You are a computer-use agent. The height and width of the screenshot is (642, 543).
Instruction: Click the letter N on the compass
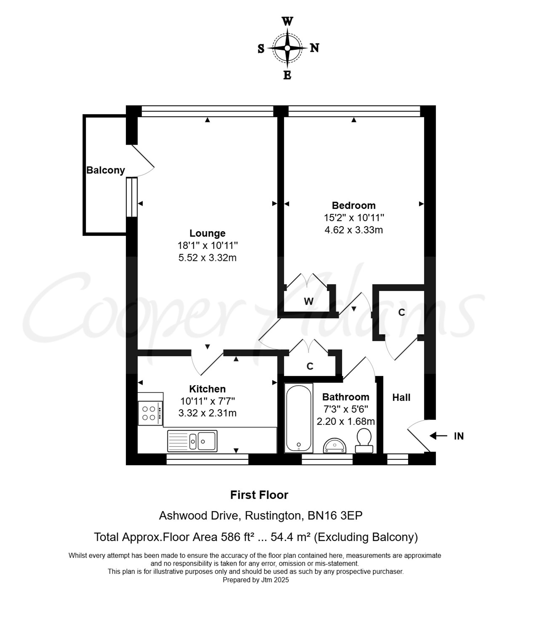tap(314, 48)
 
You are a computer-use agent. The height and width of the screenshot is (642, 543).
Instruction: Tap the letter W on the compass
tap(287, 21)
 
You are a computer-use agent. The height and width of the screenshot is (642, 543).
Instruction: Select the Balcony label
tap(106, 170)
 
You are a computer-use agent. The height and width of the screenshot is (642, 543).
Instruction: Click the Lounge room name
tap(207, 233)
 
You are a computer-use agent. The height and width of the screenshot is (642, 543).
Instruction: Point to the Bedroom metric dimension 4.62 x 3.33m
tap(354, 230)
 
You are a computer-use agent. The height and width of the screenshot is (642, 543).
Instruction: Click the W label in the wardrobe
tap(308, 301)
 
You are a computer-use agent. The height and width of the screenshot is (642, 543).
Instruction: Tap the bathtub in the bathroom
tap(299, 418)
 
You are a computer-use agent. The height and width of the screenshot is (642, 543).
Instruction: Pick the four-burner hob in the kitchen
tap(150, 413)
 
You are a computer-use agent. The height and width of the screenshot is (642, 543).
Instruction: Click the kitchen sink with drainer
tap(192, 441)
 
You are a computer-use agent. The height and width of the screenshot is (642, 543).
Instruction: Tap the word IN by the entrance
tap(459, 436)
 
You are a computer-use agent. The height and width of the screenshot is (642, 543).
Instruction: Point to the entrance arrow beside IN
tap(438, 436)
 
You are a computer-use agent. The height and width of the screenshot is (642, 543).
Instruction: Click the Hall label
tap(401, 397)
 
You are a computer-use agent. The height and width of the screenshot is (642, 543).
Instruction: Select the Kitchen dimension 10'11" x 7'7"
tap(207, 401)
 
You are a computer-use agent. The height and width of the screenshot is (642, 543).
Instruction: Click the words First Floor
tap(259, 495)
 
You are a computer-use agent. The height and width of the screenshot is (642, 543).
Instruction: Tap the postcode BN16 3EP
tap(335, 515)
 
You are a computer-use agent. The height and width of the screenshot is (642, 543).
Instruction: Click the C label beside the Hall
tap(401, 312)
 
